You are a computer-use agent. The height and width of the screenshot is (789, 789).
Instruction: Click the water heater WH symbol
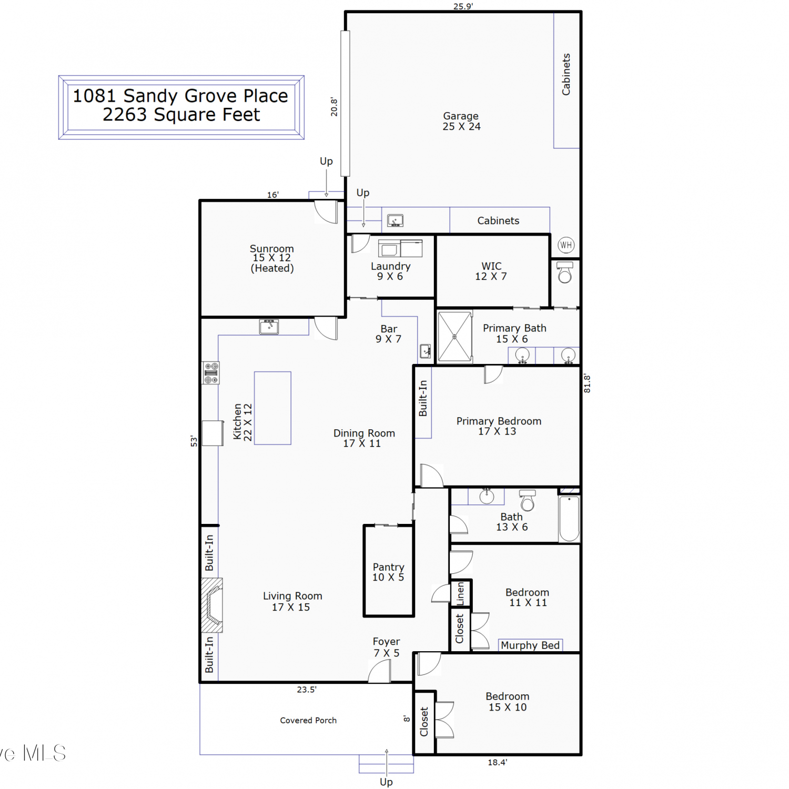566,245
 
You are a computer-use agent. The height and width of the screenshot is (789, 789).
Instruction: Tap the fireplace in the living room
212,605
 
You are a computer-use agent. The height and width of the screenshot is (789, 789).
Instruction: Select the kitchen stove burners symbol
211,373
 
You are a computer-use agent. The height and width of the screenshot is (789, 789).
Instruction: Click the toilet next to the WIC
565,272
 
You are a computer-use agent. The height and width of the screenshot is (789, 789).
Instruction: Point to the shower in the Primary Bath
455,337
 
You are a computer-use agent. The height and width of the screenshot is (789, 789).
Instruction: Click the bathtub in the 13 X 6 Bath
569,519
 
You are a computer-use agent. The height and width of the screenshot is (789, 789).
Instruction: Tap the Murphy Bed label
530,645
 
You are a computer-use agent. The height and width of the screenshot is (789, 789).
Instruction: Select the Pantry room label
389,572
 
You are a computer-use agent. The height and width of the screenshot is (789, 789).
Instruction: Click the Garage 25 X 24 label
461,121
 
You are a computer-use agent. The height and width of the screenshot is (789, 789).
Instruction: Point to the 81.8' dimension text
588,383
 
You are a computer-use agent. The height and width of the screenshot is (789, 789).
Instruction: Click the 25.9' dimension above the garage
463,6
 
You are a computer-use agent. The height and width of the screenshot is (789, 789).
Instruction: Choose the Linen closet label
460,593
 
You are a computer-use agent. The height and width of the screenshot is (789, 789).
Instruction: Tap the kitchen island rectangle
272,408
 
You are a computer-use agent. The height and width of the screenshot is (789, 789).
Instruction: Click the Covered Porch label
308,721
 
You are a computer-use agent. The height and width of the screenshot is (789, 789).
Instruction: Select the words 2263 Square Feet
181,115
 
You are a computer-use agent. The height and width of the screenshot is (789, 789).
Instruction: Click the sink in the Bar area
426,350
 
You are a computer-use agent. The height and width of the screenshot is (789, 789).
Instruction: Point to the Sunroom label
272,258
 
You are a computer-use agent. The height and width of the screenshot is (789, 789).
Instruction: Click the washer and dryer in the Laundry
400,248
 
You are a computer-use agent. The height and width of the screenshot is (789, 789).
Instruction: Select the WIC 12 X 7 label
491,271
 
